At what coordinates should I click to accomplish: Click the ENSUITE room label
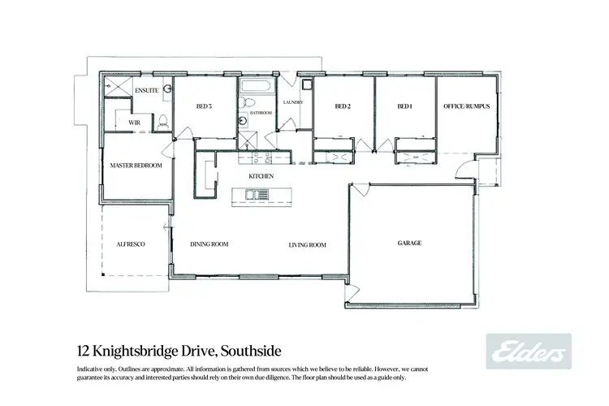tap(146, 90)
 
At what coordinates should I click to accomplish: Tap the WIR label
tap(134, 123)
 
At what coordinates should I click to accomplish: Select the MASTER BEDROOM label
tap(136, 166)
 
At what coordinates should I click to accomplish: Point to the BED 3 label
tap(204, 106)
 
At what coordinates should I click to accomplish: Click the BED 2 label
tap(343, 106)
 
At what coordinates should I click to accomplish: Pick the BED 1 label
tap(404, 106)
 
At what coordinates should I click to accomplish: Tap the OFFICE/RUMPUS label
tap(466, 106)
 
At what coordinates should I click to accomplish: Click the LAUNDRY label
tap(292, 102)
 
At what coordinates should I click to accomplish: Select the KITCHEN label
tap(261, 176)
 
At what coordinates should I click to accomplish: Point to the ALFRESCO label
tap(130, 243)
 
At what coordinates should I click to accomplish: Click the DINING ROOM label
tap(209, 244)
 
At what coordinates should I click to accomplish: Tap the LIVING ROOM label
tap(307, 244)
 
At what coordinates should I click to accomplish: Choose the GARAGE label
tap(409, 243)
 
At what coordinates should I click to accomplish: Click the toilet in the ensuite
tap(163, 123)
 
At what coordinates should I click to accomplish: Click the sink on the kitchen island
tap(253, 194)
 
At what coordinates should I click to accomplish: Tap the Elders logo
tap(528, 352)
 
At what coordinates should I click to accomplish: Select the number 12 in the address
tap(81, 352)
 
